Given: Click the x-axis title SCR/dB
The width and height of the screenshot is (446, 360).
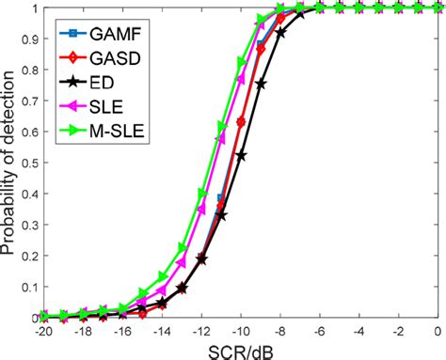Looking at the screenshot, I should pos(240,349).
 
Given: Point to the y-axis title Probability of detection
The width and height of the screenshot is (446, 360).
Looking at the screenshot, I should pos(10,164).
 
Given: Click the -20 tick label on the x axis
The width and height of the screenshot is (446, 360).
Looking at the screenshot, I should pos(43,331).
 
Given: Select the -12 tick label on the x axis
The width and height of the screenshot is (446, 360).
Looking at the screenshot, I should pos(200,331).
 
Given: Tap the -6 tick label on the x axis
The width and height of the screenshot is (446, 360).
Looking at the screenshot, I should pos(319,331).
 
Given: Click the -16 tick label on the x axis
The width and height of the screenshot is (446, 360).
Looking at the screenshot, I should pos(122,331).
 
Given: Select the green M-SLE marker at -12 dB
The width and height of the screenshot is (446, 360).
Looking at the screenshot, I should pos(201,194).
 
